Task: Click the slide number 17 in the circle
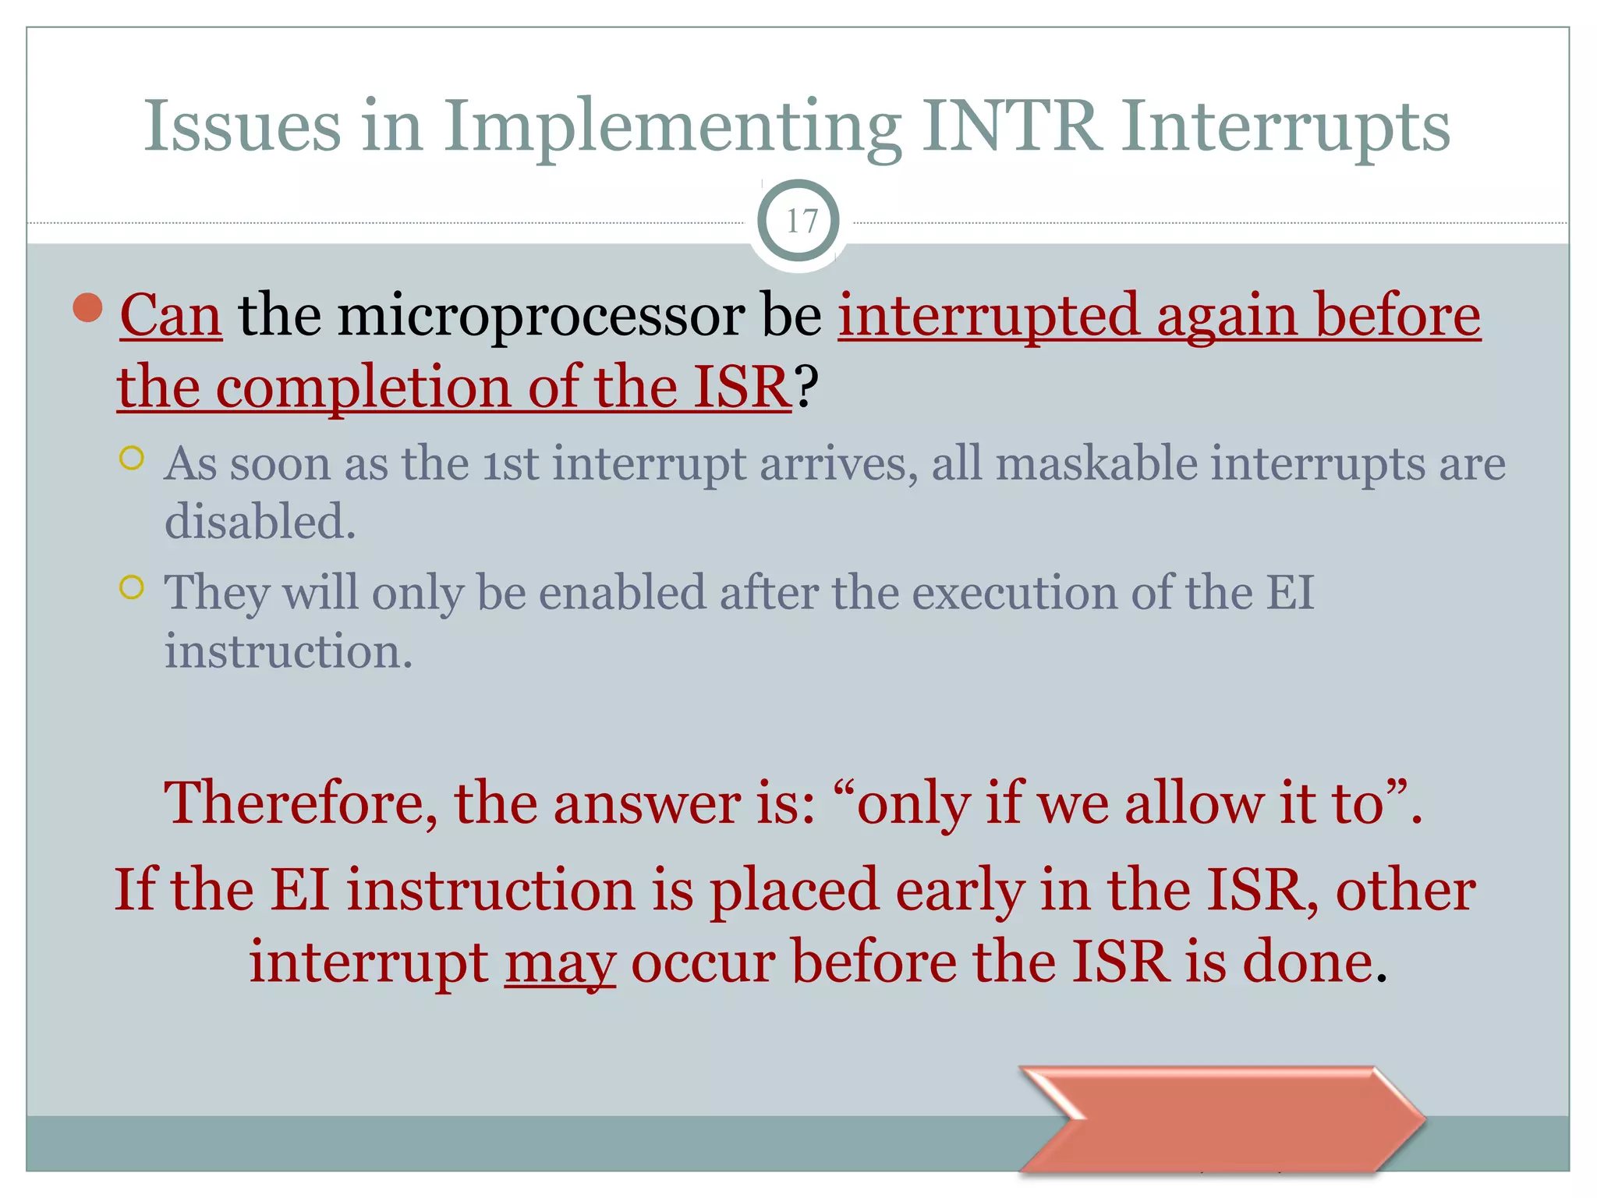(x=800, y=222)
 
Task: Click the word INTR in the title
(x=1011, y=126)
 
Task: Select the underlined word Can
(x=171, y=316)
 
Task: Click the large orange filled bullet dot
(x=88, y=307)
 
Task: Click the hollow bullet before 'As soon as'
(x=133, y=458)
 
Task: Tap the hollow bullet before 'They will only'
(x=133, y=587)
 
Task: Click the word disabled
(x=260, y=521)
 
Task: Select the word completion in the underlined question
(x=363, y=388)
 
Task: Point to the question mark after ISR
(x=807, y=386)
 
